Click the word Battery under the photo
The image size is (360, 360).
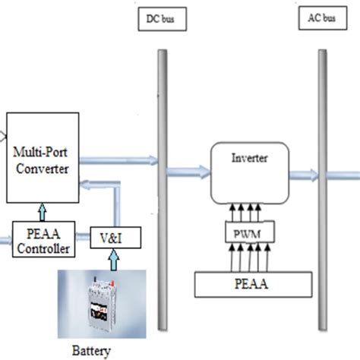(x=90, y=350)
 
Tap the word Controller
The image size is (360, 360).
(x=43, y=248)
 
